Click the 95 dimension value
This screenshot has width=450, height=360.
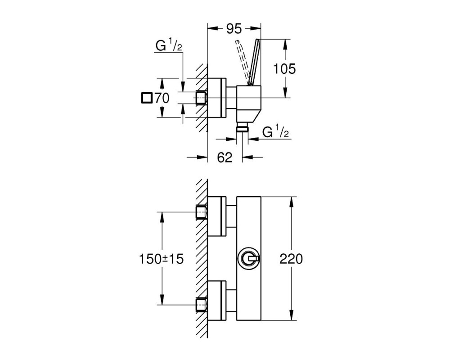coord(234,29)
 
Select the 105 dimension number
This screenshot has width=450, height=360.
coord(284,69)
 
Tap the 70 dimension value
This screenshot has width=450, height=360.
coord(162,98)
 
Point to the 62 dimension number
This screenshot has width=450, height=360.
coord(225,157)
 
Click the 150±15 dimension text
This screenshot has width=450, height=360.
coord(161,259)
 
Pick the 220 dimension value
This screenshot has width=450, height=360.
coord(291,259)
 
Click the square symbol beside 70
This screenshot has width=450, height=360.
coord(147,98)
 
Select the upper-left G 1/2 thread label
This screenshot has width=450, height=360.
coord(169,45)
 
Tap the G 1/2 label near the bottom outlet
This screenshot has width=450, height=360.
coord(275,132)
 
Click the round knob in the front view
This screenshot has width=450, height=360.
coord(248,259)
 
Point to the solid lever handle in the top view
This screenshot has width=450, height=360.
coord(254,62)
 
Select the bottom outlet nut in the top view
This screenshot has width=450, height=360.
coord(242,128)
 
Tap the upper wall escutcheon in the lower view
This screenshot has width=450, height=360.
coord(217,216)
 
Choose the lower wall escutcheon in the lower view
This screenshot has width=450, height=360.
coord(217,301)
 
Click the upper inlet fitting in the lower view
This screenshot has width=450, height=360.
coord(202,212)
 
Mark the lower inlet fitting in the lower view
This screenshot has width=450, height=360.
coord(202,305)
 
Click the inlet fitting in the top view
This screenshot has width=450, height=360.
coord(202,98)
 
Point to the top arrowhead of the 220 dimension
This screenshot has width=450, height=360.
coord(292,202)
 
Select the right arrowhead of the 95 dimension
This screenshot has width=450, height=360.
coord(256,28)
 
